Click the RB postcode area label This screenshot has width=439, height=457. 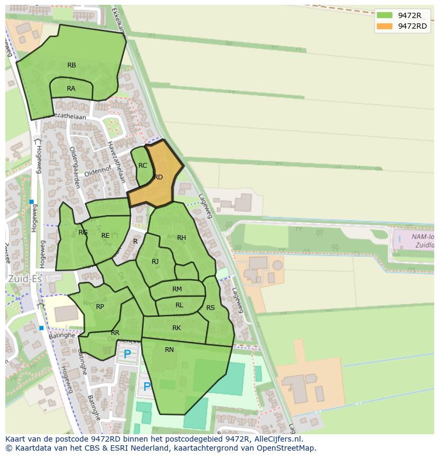point(72,65)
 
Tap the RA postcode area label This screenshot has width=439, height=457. point(71,89)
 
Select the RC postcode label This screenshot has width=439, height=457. point(143,166)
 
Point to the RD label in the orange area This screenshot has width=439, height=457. point(158,177)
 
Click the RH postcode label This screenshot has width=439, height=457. point(181,238)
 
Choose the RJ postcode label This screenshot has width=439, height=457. point(155,262)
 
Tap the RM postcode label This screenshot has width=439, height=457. point(177,289)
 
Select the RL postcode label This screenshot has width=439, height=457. point(179,305)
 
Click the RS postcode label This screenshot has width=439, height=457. point(210,308)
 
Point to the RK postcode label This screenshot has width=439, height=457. point(177,328)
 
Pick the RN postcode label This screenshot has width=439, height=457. point(169,349)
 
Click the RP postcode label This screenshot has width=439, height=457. point(100,307)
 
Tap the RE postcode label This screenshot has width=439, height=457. point(106,236)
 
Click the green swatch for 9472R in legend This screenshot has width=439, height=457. point(384,15)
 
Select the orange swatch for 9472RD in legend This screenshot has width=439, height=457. point(384,26)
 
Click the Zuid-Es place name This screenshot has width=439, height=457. point(24,278)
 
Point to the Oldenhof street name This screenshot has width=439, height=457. point(95,172)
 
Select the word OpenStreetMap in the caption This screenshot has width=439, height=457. point(285,448)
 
